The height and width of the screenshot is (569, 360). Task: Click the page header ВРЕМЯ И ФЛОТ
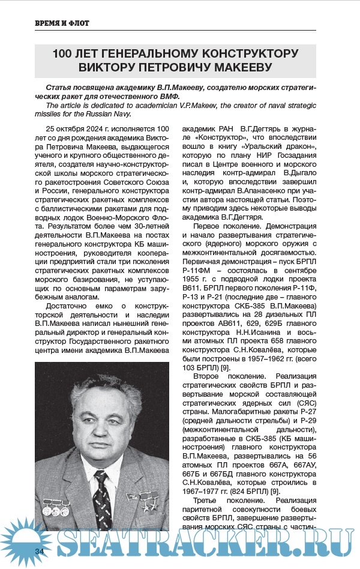(62, 23)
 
